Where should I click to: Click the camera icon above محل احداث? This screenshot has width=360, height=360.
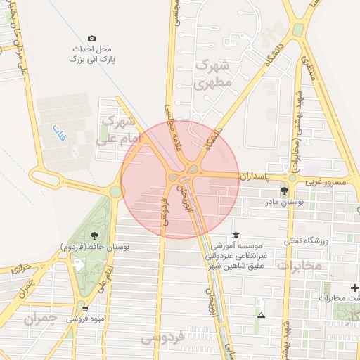pyautogui.click(x=91, y=38)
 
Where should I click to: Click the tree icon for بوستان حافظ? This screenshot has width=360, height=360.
pyautogui.click(x=95, y=235)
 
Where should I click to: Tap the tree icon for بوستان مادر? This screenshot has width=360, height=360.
pyautogui.click(x=284, y=190)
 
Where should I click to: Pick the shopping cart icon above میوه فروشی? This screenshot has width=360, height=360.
pyautogui.click(x=85, y=308)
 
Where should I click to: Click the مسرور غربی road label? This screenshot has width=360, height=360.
pyautogui.click(x=325, y=182)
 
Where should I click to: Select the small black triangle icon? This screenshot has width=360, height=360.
pyautogui.click(x=261, y=315)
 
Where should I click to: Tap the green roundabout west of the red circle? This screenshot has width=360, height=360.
pyautogui.click(x=115, y=191)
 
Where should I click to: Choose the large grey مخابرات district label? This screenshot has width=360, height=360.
pyautogui.click(x=300, y=266)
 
